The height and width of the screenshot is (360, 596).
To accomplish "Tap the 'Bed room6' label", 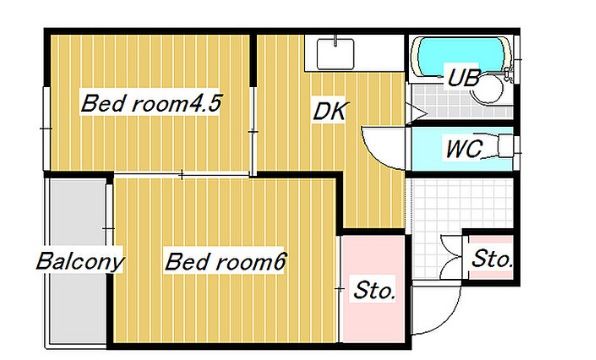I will (226, 263).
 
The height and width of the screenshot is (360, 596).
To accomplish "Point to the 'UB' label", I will (463, 77).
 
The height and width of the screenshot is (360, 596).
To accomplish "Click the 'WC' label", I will (465, 151).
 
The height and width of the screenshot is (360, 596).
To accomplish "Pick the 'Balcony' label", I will (80, 263).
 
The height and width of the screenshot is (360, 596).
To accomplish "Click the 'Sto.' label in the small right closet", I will (491, 260).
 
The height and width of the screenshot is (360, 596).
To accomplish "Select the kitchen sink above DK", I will (334, 52).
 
